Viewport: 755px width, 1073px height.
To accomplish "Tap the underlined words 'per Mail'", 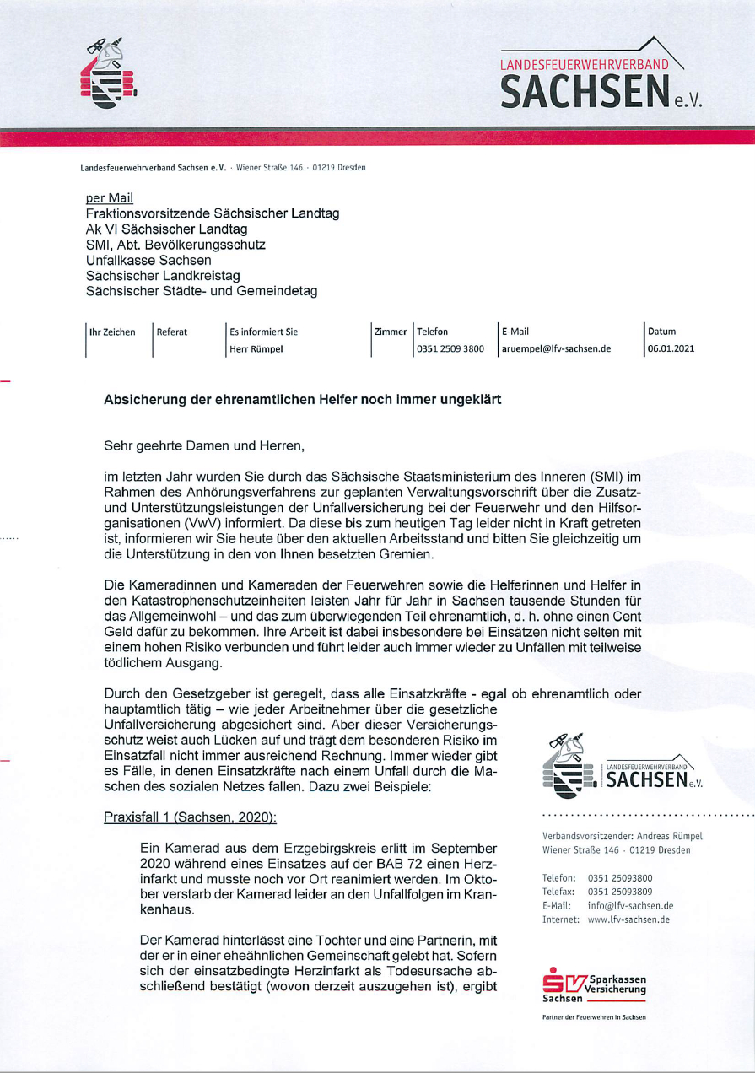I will (110, 198).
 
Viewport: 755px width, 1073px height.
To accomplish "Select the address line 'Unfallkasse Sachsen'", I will (148, 261).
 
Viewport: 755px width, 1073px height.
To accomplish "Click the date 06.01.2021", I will (671, 348).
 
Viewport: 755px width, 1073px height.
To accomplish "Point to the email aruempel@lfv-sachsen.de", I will (556, 348).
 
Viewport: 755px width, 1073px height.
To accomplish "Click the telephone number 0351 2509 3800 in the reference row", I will (450, 348).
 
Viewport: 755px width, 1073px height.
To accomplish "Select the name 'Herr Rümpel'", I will (256, 348).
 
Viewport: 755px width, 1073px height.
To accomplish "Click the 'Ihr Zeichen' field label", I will (112, 332).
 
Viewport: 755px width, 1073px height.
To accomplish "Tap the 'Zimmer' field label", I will (391, 332).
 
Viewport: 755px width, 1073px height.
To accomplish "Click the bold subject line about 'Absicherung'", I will (302, 400).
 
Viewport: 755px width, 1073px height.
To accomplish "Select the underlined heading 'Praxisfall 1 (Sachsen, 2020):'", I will (190, 817).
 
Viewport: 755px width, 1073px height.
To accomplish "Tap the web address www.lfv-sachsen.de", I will (628, 919).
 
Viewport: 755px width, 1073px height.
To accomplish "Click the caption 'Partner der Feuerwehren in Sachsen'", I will (593, 1016).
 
